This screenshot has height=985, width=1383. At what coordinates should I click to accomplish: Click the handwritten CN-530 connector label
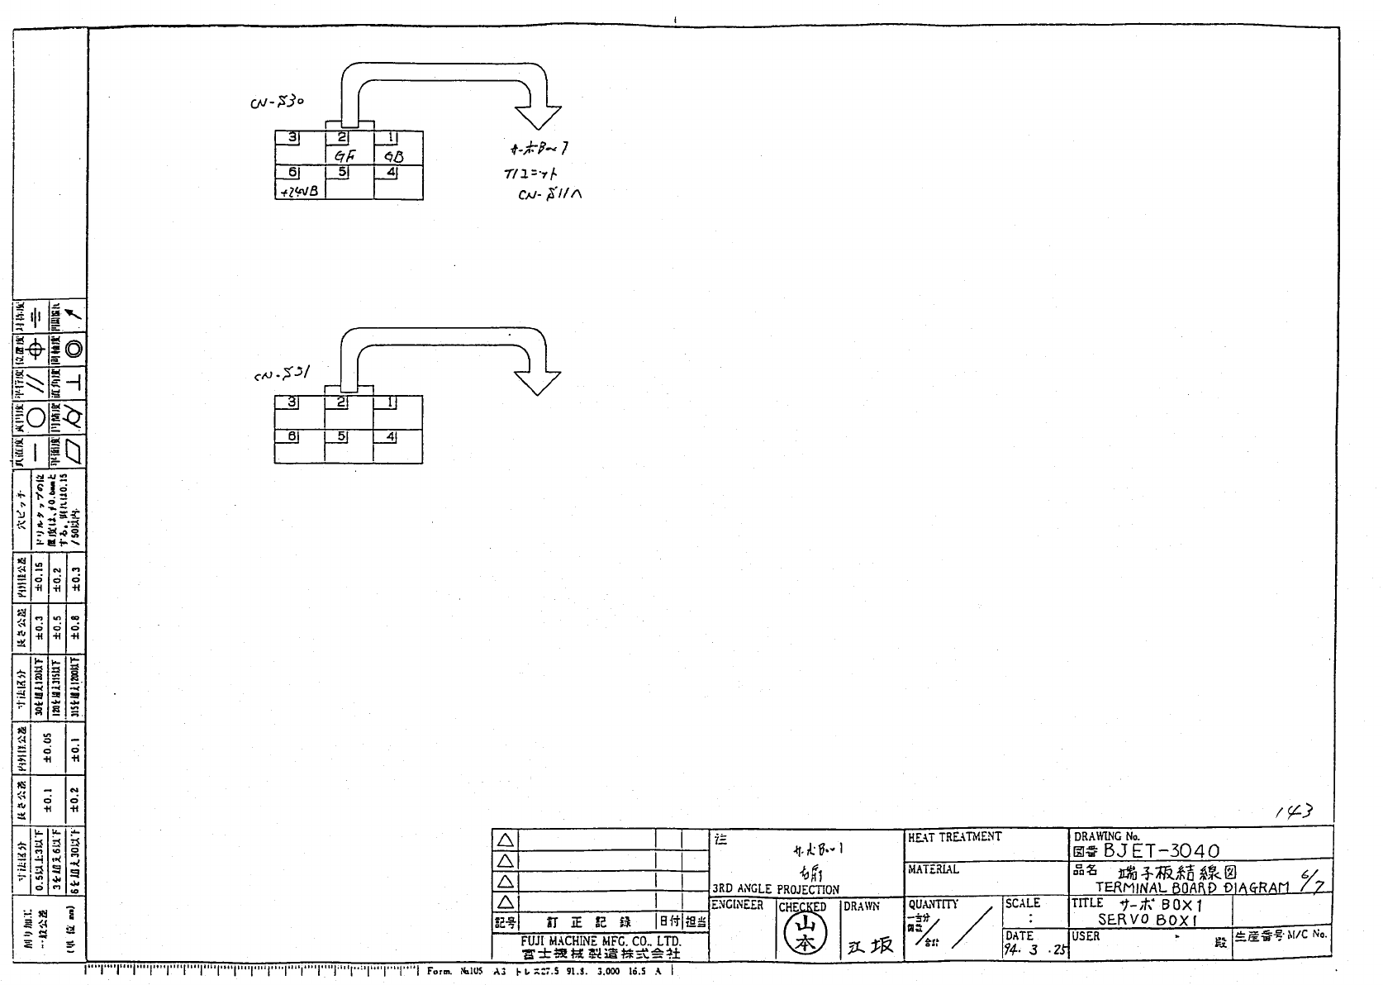(x=277, y=102)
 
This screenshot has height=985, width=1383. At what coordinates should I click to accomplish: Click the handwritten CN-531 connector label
(x=282, y=374)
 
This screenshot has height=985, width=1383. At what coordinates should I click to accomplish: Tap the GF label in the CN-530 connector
(x=345, y=156)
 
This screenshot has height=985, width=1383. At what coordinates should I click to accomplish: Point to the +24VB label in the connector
(x=299, y=192)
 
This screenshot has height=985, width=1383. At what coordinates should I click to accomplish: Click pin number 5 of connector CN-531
(x=342, y=436)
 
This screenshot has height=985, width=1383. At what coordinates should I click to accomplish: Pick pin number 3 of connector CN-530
(x=292, y=138)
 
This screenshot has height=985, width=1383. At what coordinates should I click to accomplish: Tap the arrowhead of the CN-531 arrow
(x=538, y=382)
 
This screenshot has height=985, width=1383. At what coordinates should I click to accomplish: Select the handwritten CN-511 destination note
(x=549, y=195)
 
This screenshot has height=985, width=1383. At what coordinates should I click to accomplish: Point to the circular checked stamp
(x=801, y=935)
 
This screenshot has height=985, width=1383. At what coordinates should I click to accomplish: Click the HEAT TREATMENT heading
(x=954, y=837)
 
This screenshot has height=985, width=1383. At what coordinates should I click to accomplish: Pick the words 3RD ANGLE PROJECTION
(x=775, y=889)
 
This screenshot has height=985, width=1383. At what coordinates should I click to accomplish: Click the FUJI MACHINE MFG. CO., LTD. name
(x=601, y=941)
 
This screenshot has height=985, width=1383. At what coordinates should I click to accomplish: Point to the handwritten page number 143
(x=1294, y=812)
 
